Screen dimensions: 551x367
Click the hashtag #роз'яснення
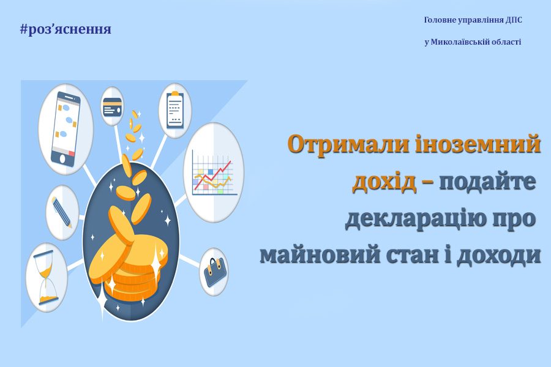(66, 29)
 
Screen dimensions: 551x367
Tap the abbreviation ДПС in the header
(514, 20)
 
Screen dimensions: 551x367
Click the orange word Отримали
(348, 144)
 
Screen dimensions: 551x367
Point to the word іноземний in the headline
(478, 143)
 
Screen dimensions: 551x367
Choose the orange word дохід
(384, 182)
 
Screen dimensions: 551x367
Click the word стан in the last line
(413, 255)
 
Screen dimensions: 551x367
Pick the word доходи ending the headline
(498, 255)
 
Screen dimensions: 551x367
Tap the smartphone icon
(66, 129)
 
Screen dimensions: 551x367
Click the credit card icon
(113, 106)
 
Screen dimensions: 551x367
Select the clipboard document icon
(175, 110)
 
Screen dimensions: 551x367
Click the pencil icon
(62, 212)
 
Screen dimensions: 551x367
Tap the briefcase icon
(214, 273)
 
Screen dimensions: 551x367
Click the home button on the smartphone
(62, 159)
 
